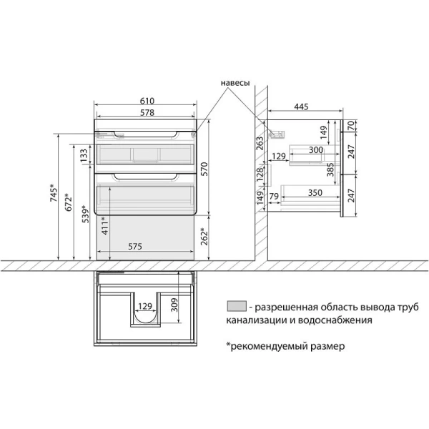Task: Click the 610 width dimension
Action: point(145,104)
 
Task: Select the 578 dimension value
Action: point(145,113)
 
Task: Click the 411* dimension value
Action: point(104,227)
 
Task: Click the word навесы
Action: point(235,83)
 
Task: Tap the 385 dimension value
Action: point(330,169)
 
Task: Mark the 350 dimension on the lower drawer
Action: point(309,192)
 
